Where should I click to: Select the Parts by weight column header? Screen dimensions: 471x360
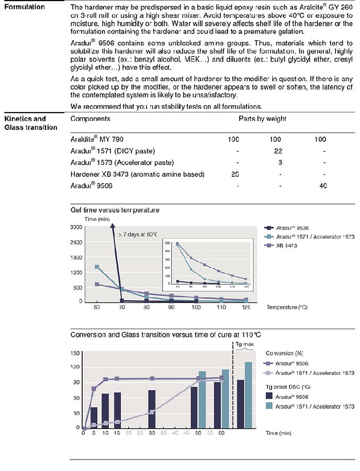(x=263, y=119)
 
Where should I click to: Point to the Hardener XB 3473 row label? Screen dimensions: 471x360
(x=137, y=174)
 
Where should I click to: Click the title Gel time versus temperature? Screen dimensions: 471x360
(x=115, y=210)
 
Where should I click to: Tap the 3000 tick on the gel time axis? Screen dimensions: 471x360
(x=76, y=227)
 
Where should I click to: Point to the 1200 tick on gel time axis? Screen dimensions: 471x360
(x=76, y=272)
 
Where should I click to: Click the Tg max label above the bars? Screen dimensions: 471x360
(x=243, y=344)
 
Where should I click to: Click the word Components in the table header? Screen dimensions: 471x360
(x=90, y=119)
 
